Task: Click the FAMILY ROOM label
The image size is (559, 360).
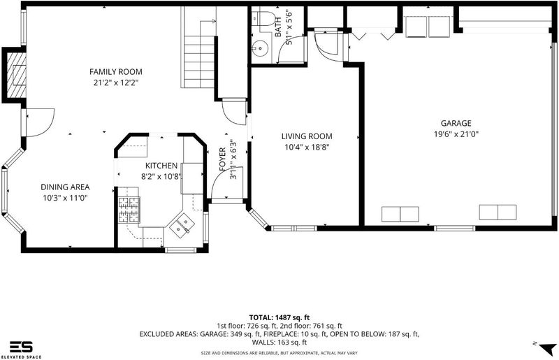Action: [x=116, y=72]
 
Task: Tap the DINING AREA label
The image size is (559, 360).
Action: [x=65, y=187]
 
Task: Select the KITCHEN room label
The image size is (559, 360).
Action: [x=161, y=166]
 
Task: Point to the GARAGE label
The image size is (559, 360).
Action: [x=456, y=124]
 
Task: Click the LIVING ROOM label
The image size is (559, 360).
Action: [x=307, y=136]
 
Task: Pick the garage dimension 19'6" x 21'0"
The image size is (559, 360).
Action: [x=456, y=134]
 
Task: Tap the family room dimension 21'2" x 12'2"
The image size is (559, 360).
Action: [x=116, y=82]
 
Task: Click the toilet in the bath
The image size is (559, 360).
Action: [x=262, y=19]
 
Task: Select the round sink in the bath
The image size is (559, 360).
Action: [x=259, y=47]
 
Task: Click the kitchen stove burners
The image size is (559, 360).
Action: [x=129, y=210]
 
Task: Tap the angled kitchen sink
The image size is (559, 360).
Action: [x=182, y=226]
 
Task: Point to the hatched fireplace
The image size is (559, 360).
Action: [x=17, y=75]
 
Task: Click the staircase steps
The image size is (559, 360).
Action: [x=199, y=62]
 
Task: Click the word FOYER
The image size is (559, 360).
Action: [x=222, y=159]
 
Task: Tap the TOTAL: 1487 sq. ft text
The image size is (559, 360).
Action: [x=279, y=317]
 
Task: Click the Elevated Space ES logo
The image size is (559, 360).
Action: [x=21, y=350]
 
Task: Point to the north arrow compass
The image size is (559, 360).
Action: [x=547, y=348]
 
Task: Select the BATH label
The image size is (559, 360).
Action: [x=278, y=27]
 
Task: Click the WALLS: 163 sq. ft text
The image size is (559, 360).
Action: [x=279, y=343]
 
